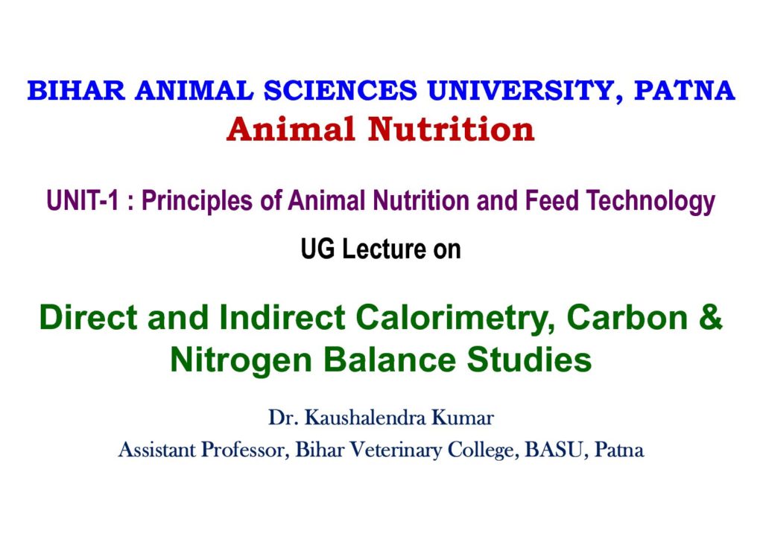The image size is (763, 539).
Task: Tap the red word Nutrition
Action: [451, 130]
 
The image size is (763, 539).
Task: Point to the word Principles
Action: [197, 201]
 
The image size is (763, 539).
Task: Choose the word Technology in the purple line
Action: [650, 201]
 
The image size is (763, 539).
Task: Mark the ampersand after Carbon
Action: [710, 316]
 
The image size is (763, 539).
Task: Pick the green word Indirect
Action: [282, 316]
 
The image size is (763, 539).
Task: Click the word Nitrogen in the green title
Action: [241, 360]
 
